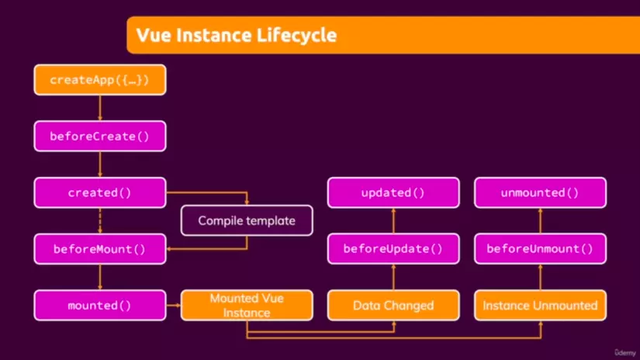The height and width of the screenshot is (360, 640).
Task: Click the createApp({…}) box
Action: point(100,80)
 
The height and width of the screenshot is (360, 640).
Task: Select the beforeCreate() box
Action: point(100,137)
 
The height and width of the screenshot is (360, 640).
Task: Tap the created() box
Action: point(100,192)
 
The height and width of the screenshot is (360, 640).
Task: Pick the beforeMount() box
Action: point(100,249)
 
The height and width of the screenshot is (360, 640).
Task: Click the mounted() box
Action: point(100,306)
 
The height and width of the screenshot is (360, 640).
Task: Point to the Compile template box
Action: point(247,220)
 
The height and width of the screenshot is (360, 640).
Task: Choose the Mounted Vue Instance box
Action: point(247,306)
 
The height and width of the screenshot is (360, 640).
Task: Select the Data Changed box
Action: point(393,306)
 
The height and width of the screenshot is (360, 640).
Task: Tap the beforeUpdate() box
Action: point(393,249)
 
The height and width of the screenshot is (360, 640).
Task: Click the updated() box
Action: point(393,192)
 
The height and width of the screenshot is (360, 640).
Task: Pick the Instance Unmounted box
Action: point(541,306)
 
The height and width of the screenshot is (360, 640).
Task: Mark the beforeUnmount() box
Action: point(541,249)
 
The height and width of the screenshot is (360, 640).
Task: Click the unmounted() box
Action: point(541,192)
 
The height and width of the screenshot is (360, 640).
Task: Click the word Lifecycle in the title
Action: point(297,36)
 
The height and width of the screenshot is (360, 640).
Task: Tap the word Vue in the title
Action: point(154,35)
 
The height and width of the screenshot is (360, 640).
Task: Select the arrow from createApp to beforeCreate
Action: point(100,108)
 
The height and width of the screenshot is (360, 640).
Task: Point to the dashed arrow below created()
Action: point(100,221)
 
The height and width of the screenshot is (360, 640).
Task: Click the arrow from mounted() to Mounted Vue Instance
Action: point(174,306)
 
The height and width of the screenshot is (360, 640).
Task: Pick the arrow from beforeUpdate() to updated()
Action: point(393,221)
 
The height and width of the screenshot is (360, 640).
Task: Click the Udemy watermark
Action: point(625,353)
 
